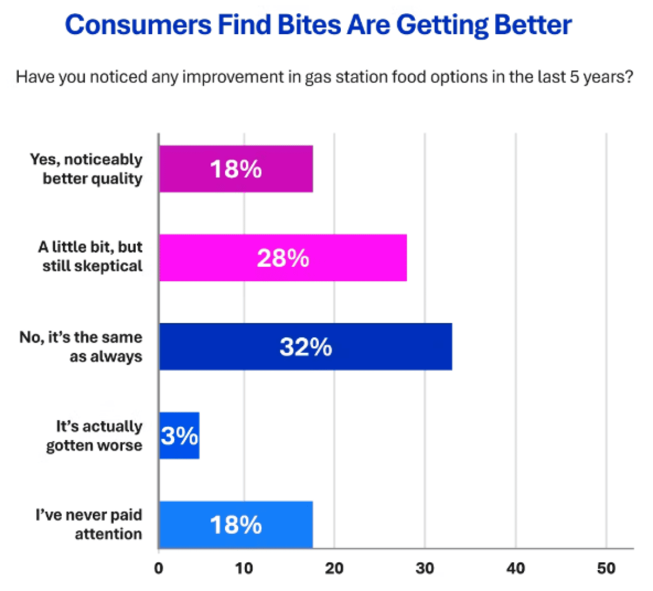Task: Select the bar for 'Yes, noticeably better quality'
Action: pyautogui.click(x=236, y=169)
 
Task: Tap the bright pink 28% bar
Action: pyautogui.click(x=283, y=258)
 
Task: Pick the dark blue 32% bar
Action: pyautogui.click(x=305, y=346)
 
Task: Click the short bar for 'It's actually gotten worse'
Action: pyautogui.click(x=179, y=435)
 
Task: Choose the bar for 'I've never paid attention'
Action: pyautogui.click(x=236, y=525)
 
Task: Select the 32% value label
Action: pyautogui.click(x=305, y=348)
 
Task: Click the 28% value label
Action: pyautogui.click(x=283, y=259)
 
